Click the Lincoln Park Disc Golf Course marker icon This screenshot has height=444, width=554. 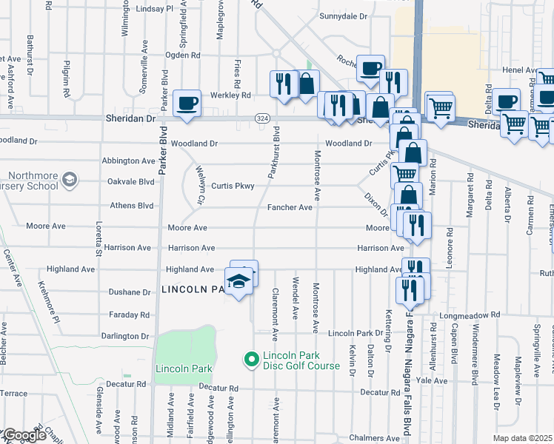click(x=251, y=360)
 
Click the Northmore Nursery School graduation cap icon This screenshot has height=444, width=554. click(x=70, y=179)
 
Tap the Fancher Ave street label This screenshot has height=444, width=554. click(x=290, y=208)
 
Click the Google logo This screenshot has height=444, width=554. click(x=24, y=435)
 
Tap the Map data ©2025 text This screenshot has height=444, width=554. click(x=522, y=438)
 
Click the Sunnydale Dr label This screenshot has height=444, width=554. click(x=343, y=16)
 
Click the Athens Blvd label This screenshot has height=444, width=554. click(x=132, y=206)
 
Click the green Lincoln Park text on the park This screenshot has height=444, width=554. click(x=184, y=369)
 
